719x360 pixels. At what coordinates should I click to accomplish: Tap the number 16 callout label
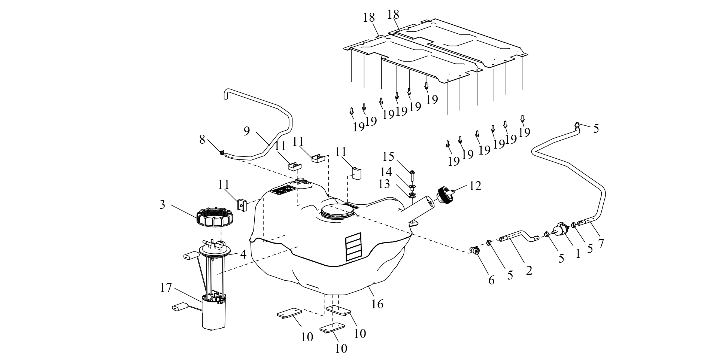(377, 304)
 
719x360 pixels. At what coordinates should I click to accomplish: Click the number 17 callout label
(166, 288)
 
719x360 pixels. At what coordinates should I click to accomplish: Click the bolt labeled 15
(412, 175)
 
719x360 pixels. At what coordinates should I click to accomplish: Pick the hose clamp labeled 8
(222, 152)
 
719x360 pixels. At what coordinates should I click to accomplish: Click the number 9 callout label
(246, 131)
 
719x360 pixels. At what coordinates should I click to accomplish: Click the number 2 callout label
(529, 270)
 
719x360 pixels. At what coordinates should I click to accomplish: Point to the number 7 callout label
(601, 243)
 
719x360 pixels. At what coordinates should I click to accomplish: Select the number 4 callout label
(243, 254)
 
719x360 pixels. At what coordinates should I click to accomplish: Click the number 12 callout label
(475, 186)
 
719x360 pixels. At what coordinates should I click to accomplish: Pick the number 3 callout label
(162, 205)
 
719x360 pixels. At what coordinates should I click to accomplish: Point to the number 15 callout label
(389, 156)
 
